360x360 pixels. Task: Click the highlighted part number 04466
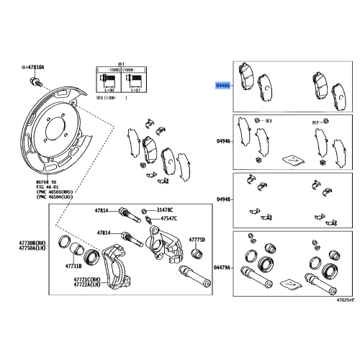[223, 85]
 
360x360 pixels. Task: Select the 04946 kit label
[223, 143]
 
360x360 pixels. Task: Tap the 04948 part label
[223, 199]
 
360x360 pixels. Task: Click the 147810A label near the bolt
[33, 66]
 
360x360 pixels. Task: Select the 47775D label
[198, 239]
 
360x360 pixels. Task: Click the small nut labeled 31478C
[145, 210]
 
